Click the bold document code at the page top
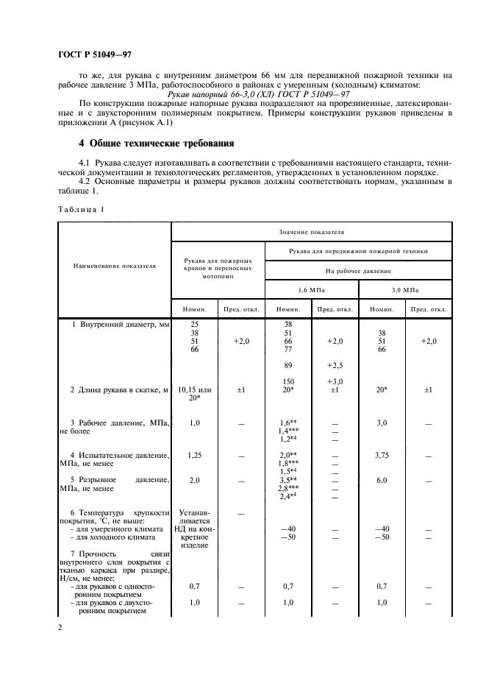pos(95,55)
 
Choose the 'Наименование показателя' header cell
pos(114,265)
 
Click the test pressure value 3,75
pos(382,456)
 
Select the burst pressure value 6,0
pos(382,480)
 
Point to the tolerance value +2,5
pos(335,364)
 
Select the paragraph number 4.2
pos(86,181)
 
